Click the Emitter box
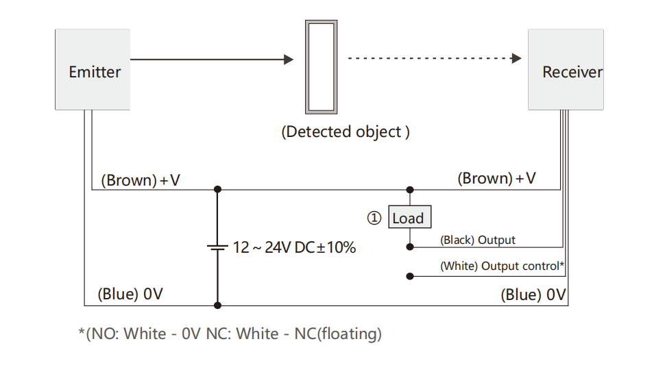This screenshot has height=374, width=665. click(93, 69)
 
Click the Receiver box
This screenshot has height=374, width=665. click(566, 69)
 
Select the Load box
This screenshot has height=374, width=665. click(408, 218)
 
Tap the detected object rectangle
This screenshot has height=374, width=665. click(321, 66)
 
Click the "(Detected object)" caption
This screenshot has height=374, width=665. click(346, 132)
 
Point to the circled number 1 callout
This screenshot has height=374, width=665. click(374, 218)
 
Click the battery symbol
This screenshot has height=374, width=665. click(217, 248)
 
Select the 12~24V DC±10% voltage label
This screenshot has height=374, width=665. click(294, 248)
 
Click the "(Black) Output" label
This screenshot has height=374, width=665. click(478, 240)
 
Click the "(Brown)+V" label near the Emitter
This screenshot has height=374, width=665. click(141, 180)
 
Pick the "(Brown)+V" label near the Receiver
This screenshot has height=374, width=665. click(496, 179)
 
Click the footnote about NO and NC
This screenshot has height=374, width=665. click(230, 334)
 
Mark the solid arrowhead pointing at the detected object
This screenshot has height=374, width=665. click(289, 60)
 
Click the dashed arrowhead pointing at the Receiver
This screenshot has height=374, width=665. click(517, 59)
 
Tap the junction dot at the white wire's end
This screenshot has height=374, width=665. click(410, 276)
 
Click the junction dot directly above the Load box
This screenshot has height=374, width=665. click(410, 190)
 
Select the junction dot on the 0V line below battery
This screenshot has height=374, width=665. click(217, 306)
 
